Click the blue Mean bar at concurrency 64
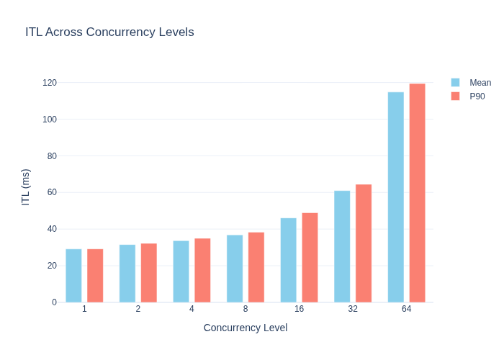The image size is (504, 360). (x=396, y=197)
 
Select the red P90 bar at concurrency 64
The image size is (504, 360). (x=417, y=193)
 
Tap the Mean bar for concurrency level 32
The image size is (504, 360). (x=342, y=246)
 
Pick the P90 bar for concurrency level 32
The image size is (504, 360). (x=364, y=243)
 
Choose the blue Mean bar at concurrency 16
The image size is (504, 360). (x=288, y=260)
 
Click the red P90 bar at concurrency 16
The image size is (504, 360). (x=310, y=258)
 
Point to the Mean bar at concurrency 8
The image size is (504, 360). (x=235, y=269)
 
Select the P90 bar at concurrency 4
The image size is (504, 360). (x=202, y=270)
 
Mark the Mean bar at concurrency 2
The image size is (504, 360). (x=127, y=274)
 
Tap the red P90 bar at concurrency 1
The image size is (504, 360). (x=95, y=276)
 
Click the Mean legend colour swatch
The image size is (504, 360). (x=455, y=83)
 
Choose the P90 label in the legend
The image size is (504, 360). (x=477, y=96)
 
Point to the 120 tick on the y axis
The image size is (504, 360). (x=50, y=83)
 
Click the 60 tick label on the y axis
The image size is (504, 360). (x=52, y=192)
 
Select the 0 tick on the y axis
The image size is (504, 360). (x=54, y=302)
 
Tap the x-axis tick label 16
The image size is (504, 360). (x=299, y=309)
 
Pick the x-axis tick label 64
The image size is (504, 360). (x=406, y=309)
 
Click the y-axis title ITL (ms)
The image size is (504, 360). (x=25, y=187)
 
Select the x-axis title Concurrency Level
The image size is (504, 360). (x=246, y=328)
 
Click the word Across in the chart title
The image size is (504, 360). (x=64, y=32)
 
